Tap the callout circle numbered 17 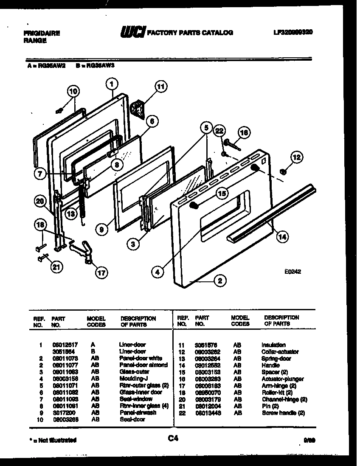[x=101, y=273]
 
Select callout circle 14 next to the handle [x=282, y=237]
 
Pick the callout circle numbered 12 [x=297, y=157]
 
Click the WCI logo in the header [x=132, y=32]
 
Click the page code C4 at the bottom [x=173, y=439]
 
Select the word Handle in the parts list [x=271, y=365]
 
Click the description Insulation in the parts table [x=273, y=345]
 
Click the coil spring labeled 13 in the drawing [x=82, y=197]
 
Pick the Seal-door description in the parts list [x=132, y=419]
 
